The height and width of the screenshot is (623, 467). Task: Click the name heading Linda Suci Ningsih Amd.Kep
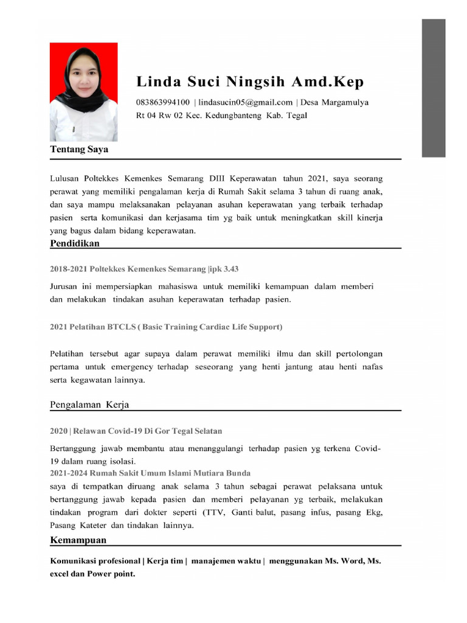click(250, 82)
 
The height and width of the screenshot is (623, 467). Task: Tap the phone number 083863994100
click(163, 102)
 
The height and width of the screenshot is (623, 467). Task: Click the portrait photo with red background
click(83, 92)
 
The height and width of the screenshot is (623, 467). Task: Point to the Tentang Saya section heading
click(79, 148)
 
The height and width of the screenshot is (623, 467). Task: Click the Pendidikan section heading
click(75, 243)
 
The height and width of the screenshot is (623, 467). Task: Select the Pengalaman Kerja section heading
click(89, 405)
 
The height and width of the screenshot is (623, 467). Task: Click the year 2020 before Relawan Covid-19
click(58, 431)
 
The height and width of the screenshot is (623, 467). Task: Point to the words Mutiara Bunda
click(225, 473)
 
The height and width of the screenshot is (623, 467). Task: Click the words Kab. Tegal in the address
click(287, 115)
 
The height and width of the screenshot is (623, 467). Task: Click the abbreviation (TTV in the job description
click(213, 512)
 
